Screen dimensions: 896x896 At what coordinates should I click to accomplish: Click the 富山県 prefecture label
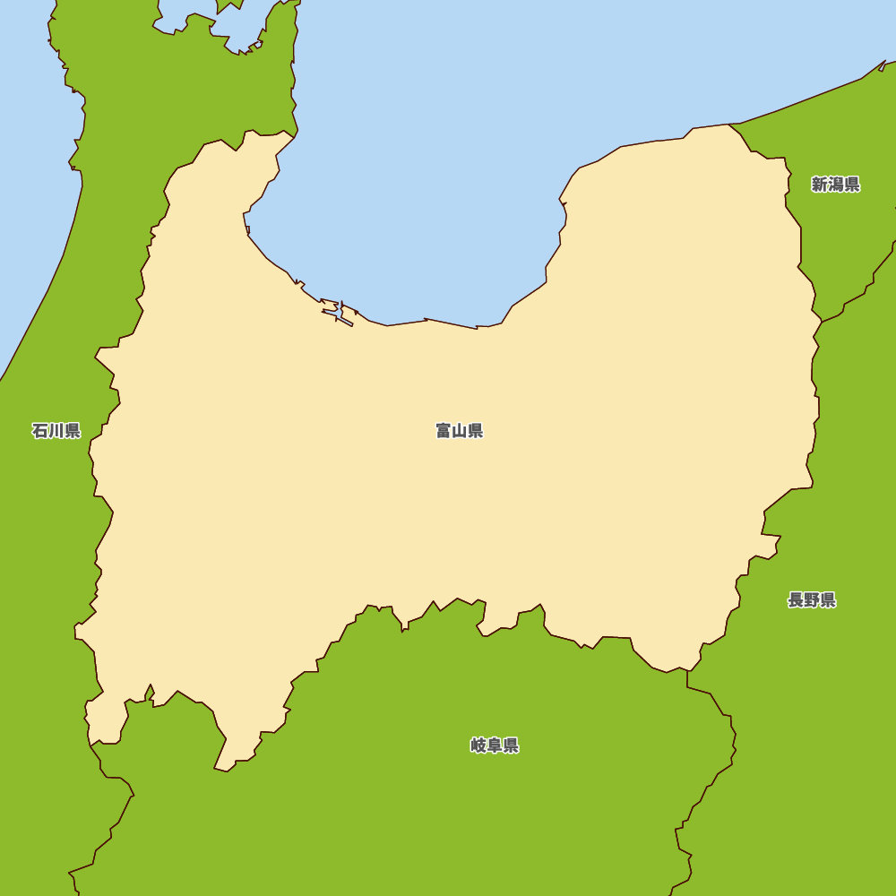pos(460,431)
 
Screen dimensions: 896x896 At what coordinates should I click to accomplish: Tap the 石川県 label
pos(56,431)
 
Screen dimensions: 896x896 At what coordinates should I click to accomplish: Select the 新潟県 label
pos(836,185)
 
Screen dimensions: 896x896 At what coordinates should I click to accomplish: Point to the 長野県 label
pos(812,600)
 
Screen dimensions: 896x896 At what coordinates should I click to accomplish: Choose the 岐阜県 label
pos(495,745)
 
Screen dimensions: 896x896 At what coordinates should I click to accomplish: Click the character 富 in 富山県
pos(444,431)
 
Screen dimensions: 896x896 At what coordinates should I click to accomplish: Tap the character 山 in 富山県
pos(460,431)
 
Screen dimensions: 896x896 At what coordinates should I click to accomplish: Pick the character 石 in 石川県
pos(40,431)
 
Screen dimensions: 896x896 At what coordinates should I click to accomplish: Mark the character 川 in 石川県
pos(56,431)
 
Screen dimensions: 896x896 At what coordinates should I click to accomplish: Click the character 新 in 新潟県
pos(820,185)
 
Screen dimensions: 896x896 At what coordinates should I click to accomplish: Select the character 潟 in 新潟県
pos(836,185)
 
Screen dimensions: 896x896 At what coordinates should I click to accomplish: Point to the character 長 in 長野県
pos(796,600)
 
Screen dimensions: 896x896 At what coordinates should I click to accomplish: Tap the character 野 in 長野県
pos(812,600)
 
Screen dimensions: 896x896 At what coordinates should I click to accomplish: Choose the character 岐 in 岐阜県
pos(478,745)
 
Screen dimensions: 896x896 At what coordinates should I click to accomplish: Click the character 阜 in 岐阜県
pos(495,745)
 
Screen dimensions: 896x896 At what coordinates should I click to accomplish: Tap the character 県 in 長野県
pos(828,600)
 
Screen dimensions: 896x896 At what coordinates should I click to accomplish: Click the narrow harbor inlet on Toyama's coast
pos(339,313)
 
